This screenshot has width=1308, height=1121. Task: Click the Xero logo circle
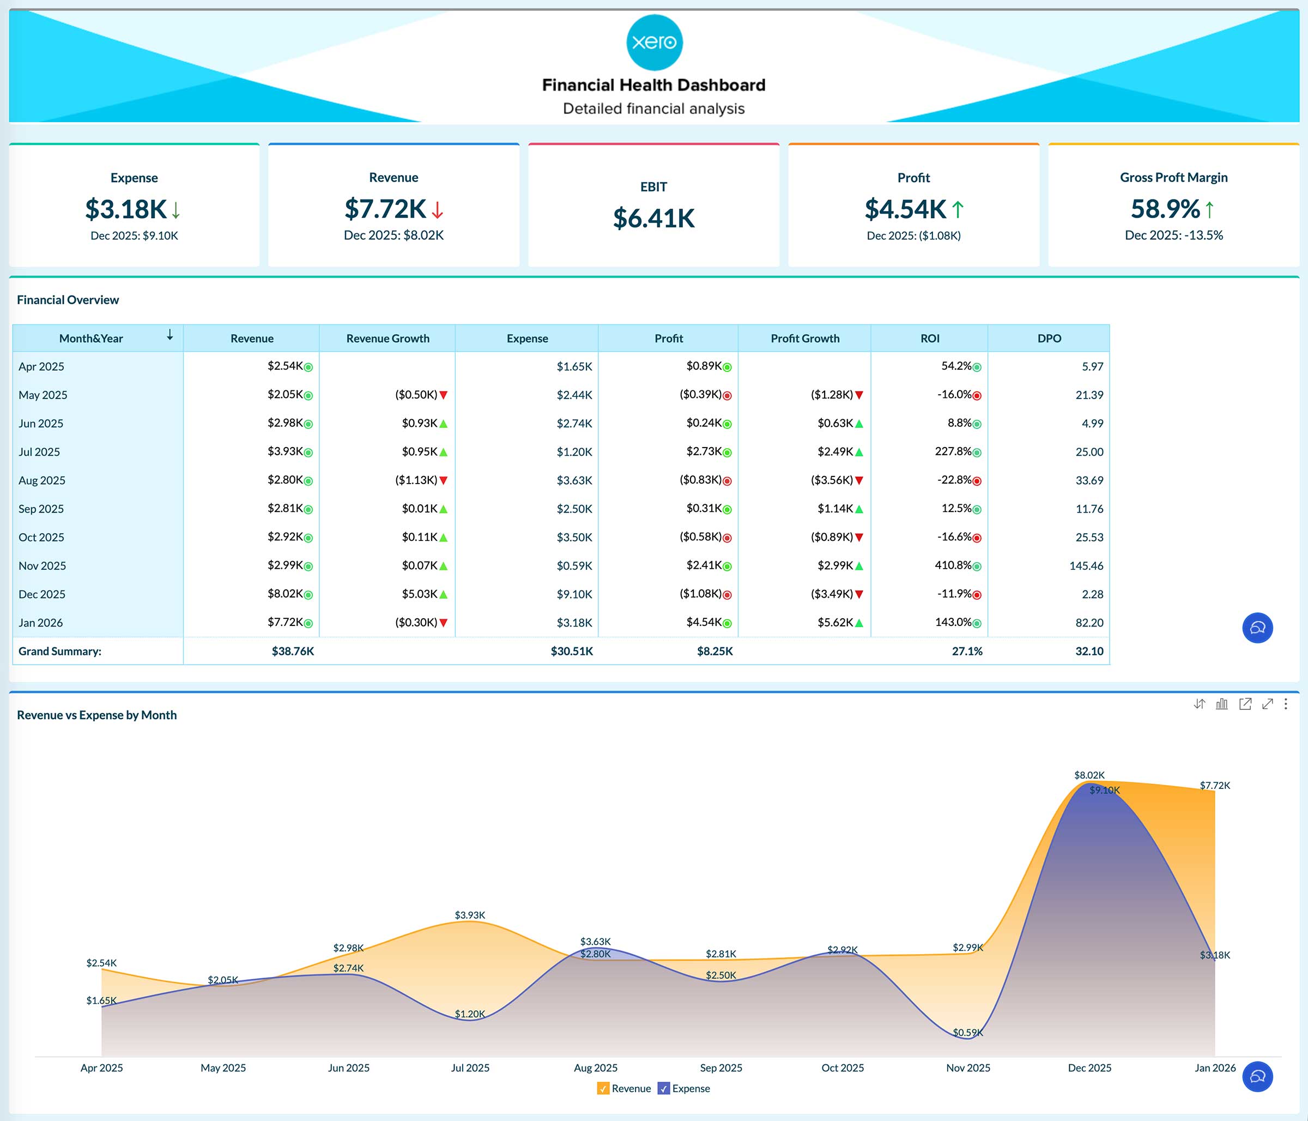(x=654, y=43)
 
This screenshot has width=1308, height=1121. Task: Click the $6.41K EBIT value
(x=653, y=218)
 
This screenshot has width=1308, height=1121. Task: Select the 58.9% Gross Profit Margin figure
(x=1165, y=209)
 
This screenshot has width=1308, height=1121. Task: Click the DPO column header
(x=1049, y=339)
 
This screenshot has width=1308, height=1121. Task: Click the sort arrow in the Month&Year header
(x=170, y=335)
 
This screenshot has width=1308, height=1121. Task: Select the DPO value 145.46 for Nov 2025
(x=1086, y=566)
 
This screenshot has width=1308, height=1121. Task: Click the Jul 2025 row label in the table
(x=39, y=452)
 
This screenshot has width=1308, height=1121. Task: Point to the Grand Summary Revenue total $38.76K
(x=292, y=651)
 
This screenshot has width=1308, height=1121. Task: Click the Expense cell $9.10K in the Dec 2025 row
(x=574, y=594)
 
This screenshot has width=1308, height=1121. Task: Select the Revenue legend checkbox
(x=603, y=1088)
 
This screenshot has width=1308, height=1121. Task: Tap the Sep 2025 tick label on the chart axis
(x=721, y=1068)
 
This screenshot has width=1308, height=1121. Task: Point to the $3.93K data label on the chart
(x=470, y=915)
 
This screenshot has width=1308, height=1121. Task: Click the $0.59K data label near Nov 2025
(x=967, y=1033)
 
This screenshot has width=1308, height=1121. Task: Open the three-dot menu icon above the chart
(x=1286, y=703)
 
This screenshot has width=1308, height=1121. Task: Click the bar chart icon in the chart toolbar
(x=1221, y=703)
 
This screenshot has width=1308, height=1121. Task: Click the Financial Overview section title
(x=68, y=300)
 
